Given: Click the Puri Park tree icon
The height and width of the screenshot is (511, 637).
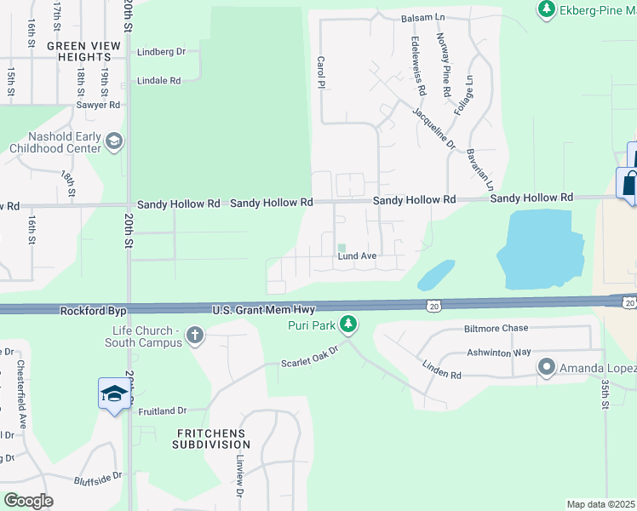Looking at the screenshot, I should pyautogui.click(x=347, y=324).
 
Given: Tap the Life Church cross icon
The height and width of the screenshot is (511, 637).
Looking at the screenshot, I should pyautogui.click(x=195, y=335).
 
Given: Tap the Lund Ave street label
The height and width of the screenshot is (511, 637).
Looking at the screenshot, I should pyautogui.click(x=357, y=255).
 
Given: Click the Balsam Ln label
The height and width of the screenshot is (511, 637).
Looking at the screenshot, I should pyautogui.click(x=424, y=17).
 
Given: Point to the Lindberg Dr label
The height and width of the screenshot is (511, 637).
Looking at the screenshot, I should pyautogui.click(x=161, y=52).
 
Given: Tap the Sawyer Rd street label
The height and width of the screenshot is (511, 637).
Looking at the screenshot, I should pyautogui.click(x=101, y=105).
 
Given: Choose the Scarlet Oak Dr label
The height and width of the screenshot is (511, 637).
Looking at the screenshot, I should pyautogui.click(x=310, y=356).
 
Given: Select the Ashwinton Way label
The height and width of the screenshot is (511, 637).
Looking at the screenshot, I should pyautogui.click(x=498, y=352).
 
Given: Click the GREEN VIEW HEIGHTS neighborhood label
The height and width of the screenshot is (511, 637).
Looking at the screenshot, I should pyautogui.click(x=79, y=51).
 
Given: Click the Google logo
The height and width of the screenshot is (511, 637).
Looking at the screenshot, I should pyautogui.click(x=28, y=501).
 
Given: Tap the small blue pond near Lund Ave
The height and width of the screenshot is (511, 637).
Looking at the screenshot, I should pyautogui.click(x=435, y=274).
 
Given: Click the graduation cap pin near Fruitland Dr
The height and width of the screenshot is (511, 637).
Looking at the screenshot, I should pyautogui.click(x=114, y=394).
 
